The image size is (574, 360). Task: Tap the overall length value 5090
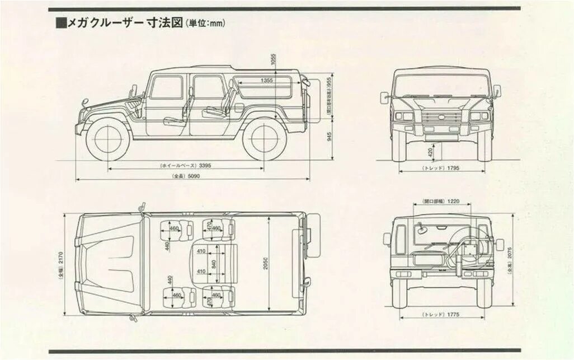click(x=193, y=176)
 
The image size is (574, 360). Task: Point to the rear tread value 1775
click(x=453, y=315)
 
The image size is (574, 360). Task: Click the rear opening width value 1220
click(x=453, y=200)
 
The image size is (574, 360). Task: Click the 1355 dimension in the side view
click(x=267, y=81)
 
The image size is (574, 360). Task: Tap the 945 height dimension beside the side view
click(x=330, y=137)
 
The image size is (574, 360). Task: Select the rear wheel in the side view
click(x=265, y=140)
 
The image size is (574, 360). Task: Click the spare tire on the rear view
click(x=471, y=246)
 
